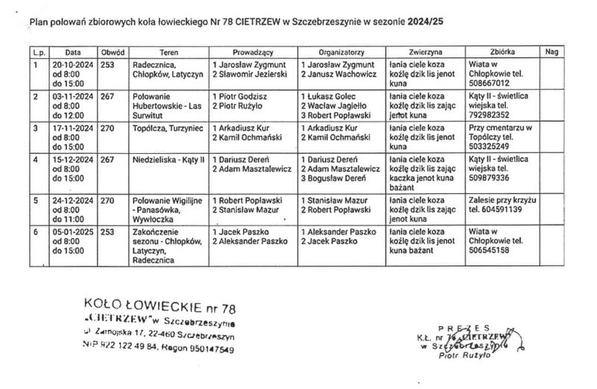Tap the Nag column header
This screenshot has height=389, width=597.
click(x=551, y=53)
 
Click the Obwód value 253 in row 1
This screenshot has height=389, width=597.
click(x=107, y=65)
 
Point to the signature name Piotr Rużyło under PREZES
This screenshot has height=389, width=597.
click(x=467, y=357)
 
